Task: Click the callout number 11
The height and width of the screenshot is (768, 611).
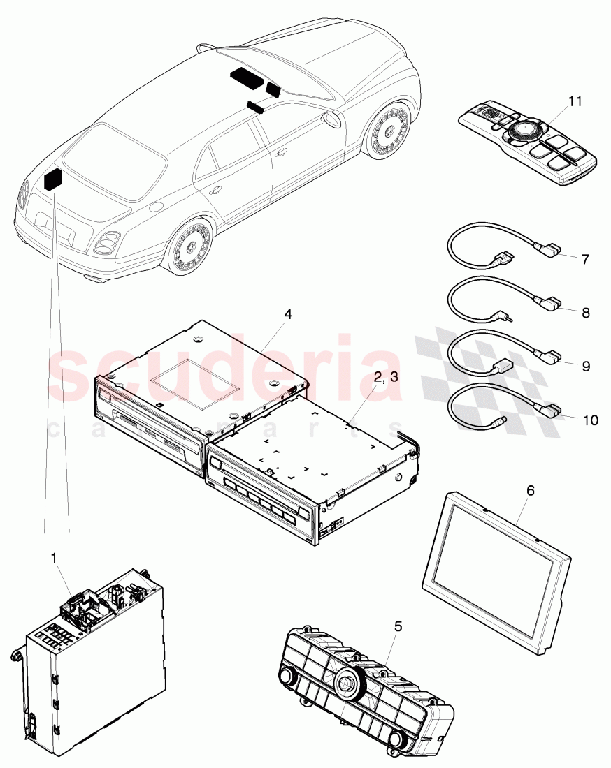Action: coord(574,101)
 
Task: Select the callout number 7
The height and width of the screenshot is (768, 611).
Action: coord(585,259)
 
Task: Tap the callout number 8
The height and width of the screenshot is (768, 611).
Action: coord(585,313)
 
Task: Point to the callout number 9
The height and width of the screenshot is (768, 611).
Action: coord(585,364)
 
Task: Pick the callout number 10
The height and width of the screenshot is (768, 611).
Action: coord(590,420)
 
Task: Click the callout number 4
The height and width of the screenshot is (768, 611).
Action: coord(287,314)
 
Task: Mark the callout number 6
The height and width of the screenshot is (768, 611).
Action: coord(530,491)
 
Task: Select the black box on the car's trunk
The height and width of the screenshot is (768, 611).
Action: coord(53,179)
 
